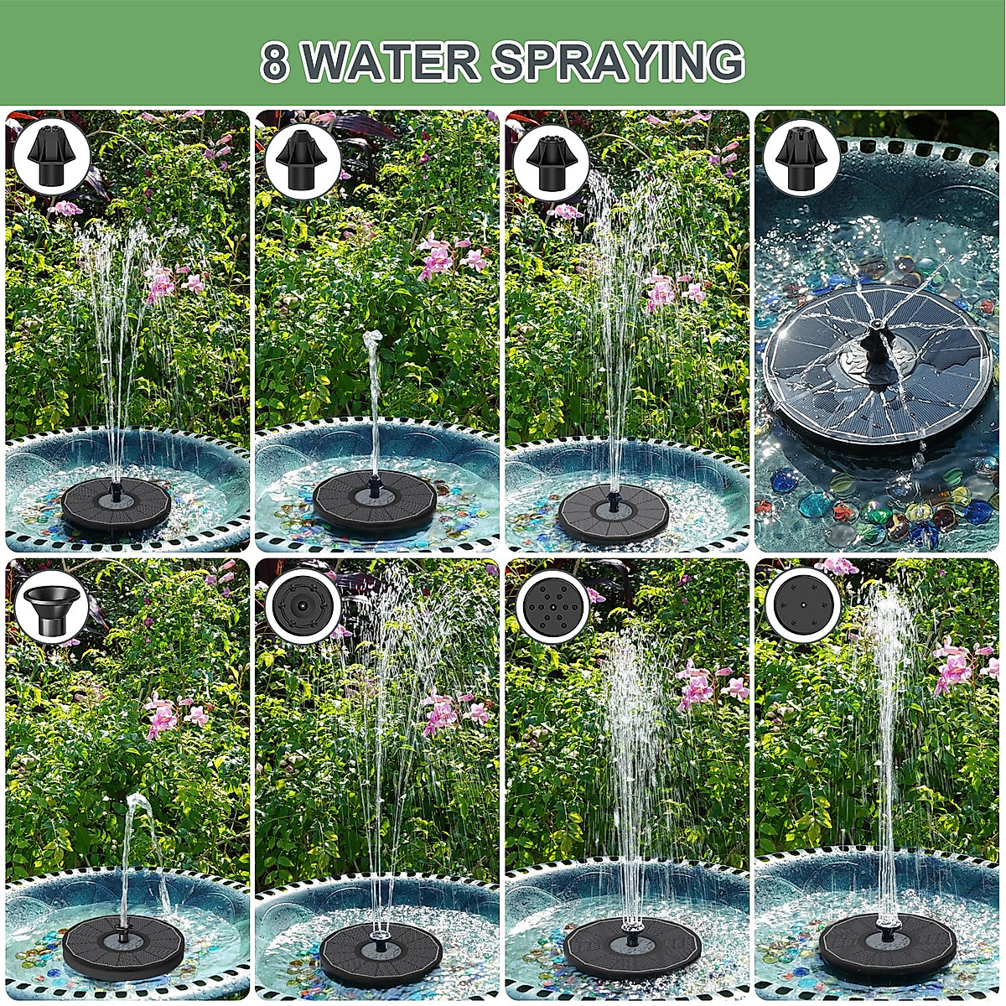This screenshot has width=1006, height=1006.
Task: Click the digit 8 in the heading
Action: coord(274,62)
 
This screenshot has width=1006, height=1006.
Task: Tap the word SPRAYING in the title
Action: coord(618,62)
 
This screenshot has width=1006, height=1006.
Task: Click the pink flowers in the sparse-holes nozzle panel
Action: coord(953,666)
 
